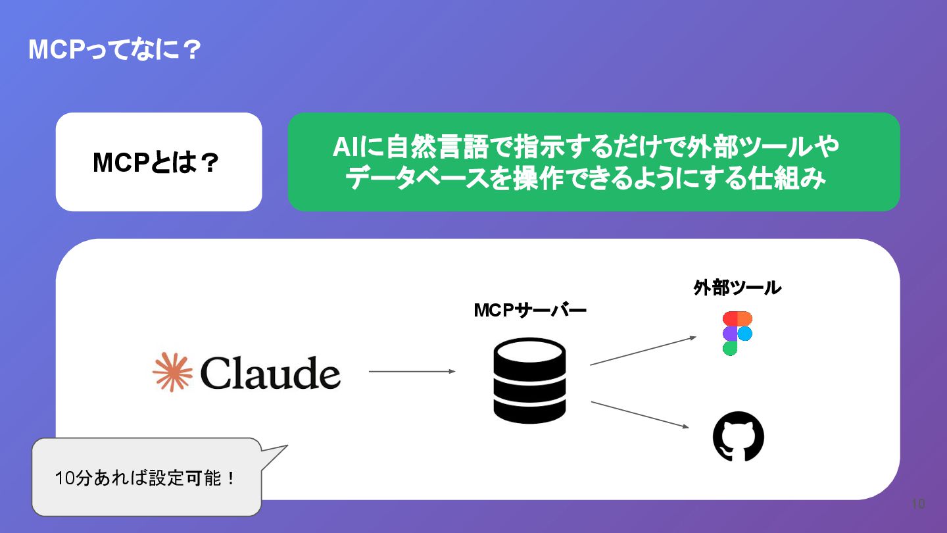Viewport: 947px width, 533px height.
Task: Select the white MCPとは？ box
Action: click(x=158, y=162)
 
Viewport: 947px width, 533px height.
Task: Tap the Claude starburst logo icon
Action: click(x=172, y=372)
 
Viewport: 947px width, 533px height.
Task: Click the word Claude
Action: click(x=270, y=374)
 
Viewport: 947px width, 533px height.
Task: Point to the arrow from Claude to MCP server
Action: click(x=412, y=372)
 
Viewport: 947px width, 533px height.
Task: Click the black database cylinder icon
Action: click(x=529, y=380)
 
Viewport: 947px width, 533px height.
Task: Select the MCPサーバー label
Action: click(x=530, y=310)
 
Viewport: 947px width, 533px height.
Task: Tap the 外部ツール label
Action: click(x=737, y=288)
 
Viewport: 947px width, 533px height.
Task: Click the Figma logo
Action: click(x=737, y=333)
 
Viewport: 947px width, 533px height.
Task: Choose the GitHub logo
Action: click(x=739, y=436)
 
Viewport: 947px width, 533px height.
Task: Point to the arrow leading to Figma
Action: click(x=643, y=351)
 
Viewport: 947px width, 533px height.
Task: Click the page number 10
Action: click(x=918, y=504)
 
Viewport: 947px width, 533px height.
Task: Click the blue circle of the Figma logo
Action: click(x=744, y=334)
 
